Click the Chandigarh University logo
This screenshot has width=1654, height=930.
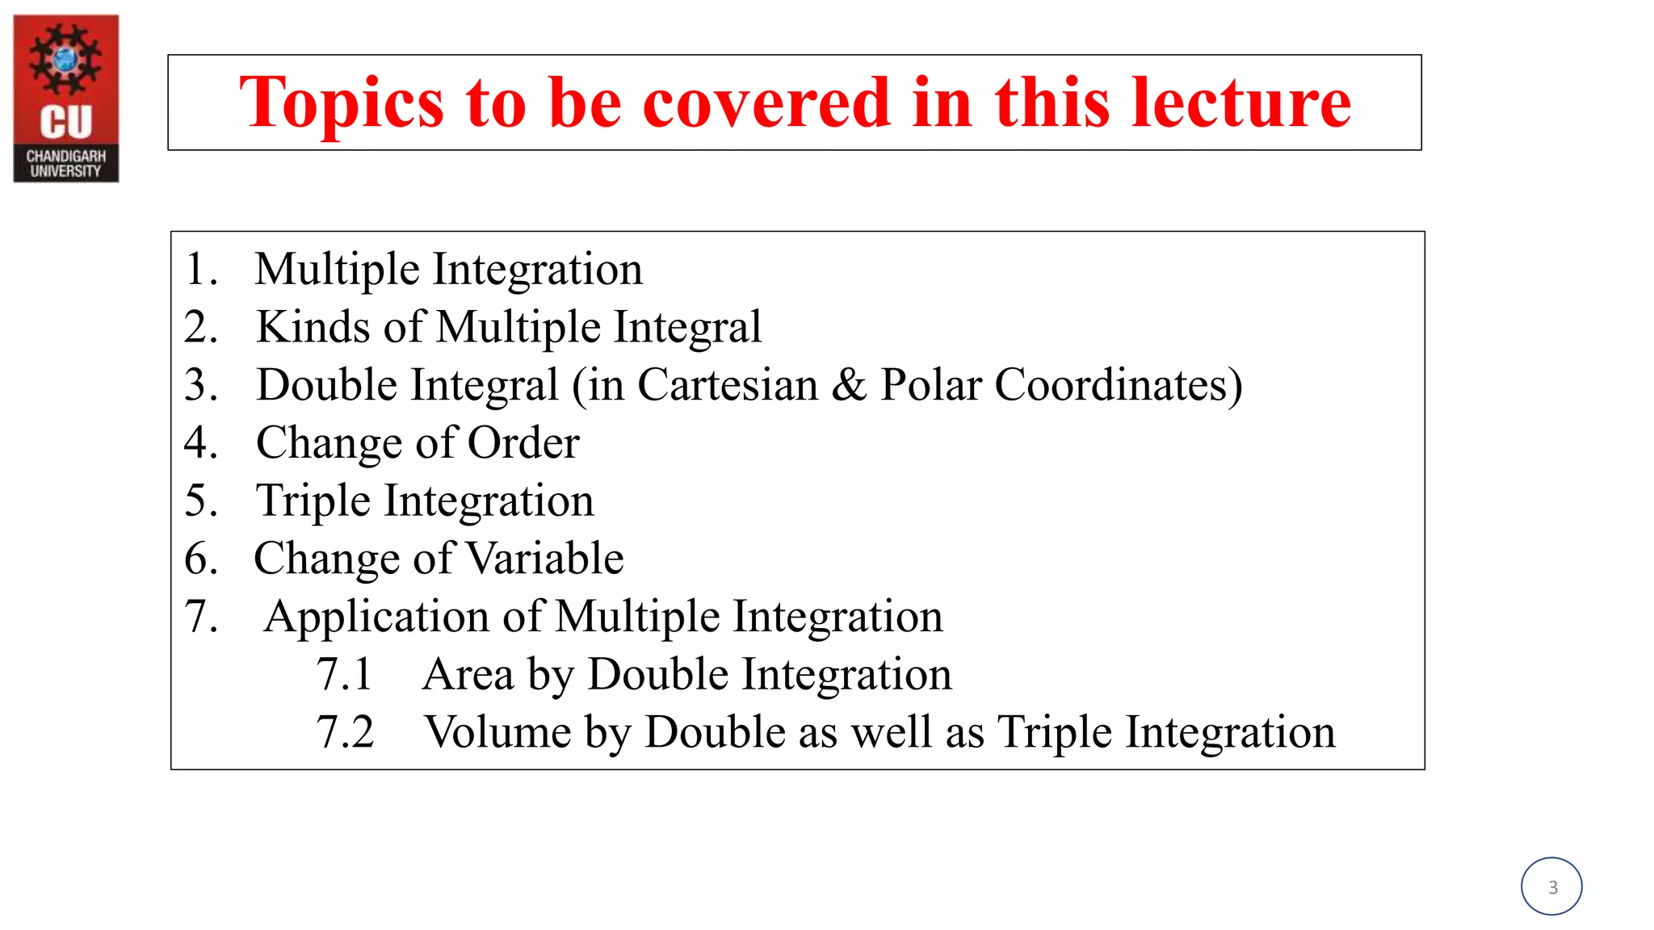pos(66,98)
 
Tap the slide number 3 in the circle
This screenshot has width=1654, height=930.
pos(1552,887)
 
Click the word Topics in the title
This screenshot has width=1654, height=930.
pos(342,103)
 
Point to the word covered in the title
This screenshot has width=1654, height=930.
pos(766,103)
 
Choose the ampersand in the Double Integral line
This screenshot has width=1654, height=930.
pos(848,385)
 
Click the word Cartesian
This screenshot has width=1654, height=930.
pos(728,385)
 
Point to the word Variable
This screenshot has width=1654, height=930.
pos(545,559)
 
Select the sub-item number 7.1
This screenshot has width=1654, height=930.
pos(344,675)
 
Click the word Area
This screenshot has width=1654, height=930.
pos(468,675)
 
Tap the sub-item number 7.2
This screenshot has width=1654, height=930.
pos(345,733)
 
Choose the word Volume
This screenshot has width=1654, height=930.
pos(498,733)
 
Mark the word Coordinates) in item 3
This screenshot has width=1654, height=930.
pos(1119,385)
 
